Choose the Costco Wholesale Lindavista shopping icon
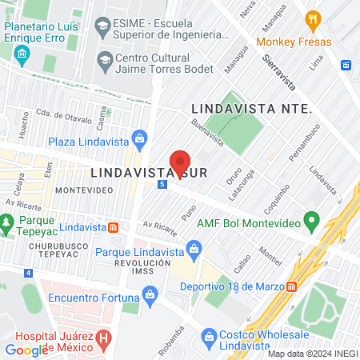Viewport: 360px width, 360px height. tap(210, 335)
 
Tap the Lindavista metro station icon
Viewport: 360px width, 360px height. tap(114, 227)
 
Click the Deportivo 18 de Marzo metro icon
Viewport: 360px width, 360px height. tap(292, 286)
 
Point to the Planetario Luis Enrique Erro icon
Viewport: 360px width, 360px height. tap(22, 54)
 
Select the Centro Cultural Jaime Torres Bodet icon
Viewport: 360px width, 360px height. tap(104, 59)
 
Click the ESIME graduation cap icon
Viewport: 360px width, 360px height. tap(102, 27)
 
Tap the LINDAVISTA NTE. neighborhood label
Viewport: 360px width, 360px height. tap(250, 108)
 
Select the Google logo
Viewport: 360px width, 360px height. tap(26, 350)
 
